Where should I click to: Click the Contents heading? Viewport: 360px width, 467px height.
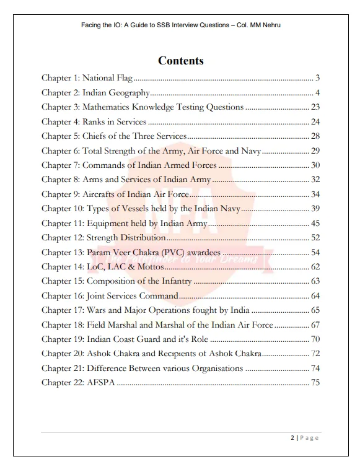[x=180, y=61]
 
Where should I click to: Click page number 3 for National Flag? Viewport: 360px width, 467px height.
[x=317, y=78]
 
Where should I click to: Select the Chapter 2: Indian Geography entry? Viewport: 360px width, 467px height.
[x=96, y=93]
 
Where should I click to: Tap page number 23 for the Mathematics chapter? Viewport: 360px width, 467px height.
[x=315, y=107]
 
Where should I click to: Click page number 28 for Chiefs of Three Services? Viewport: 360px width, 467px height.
[x=315, y=136]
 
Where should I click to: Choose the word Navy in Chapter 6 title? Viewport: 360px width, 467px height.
[x=252, y=151]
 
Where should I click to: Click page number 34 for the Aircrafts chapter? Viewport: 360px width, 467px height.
[x=315, y=194]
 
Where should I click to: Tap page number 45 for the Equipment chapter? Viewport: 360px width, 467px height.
[x=315, y=223]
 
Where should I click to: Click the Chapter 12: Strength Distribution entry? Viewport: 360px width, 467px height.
[x=103, y=238]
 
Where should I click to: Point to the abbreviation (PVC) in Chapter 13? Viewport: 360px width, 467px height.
[x=205, y=252]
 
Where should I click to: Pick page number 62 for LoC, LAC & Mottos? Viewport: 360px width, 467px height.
[x=315, y=267]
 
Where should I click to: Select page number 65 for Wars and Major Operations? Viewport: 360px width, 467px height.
[x=315, y=310]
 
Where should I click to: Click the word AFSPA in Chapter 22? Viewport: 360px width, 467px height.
[x=100, y=383]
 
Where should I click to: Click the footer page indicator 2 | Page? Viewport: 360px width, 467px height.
[x=304, y=438]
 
